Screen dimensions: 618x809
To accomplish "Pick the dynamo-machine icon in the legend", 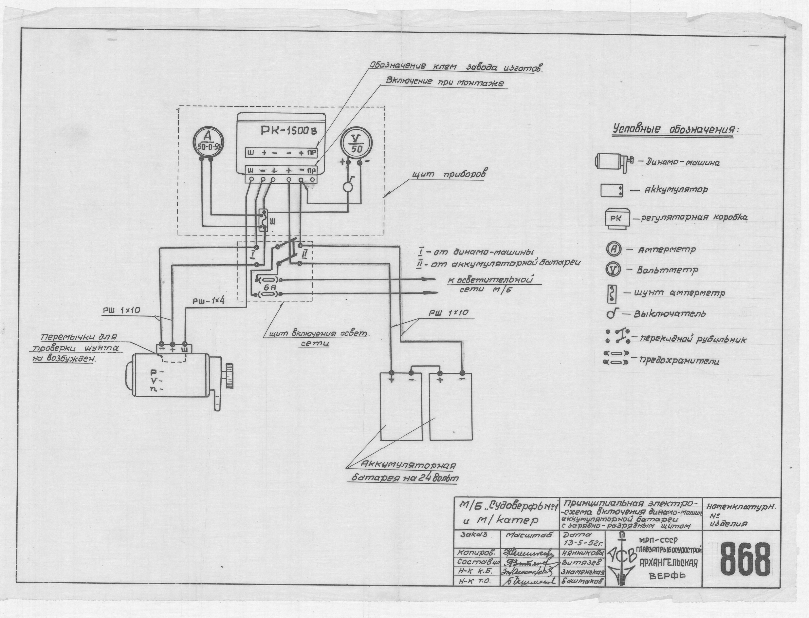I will [x=612, y=161].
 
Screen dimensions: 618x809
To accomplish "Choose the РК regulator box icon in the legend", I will [x=618, y=219].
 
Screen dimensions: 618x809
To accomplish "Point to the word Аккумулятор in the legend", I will [x=675, y=190].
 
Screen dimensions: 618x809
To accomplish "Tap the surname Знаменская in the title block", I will [x=583, y=572].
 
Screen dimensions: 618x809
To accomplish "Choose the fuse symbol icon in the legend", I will [x=616, y=358].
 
